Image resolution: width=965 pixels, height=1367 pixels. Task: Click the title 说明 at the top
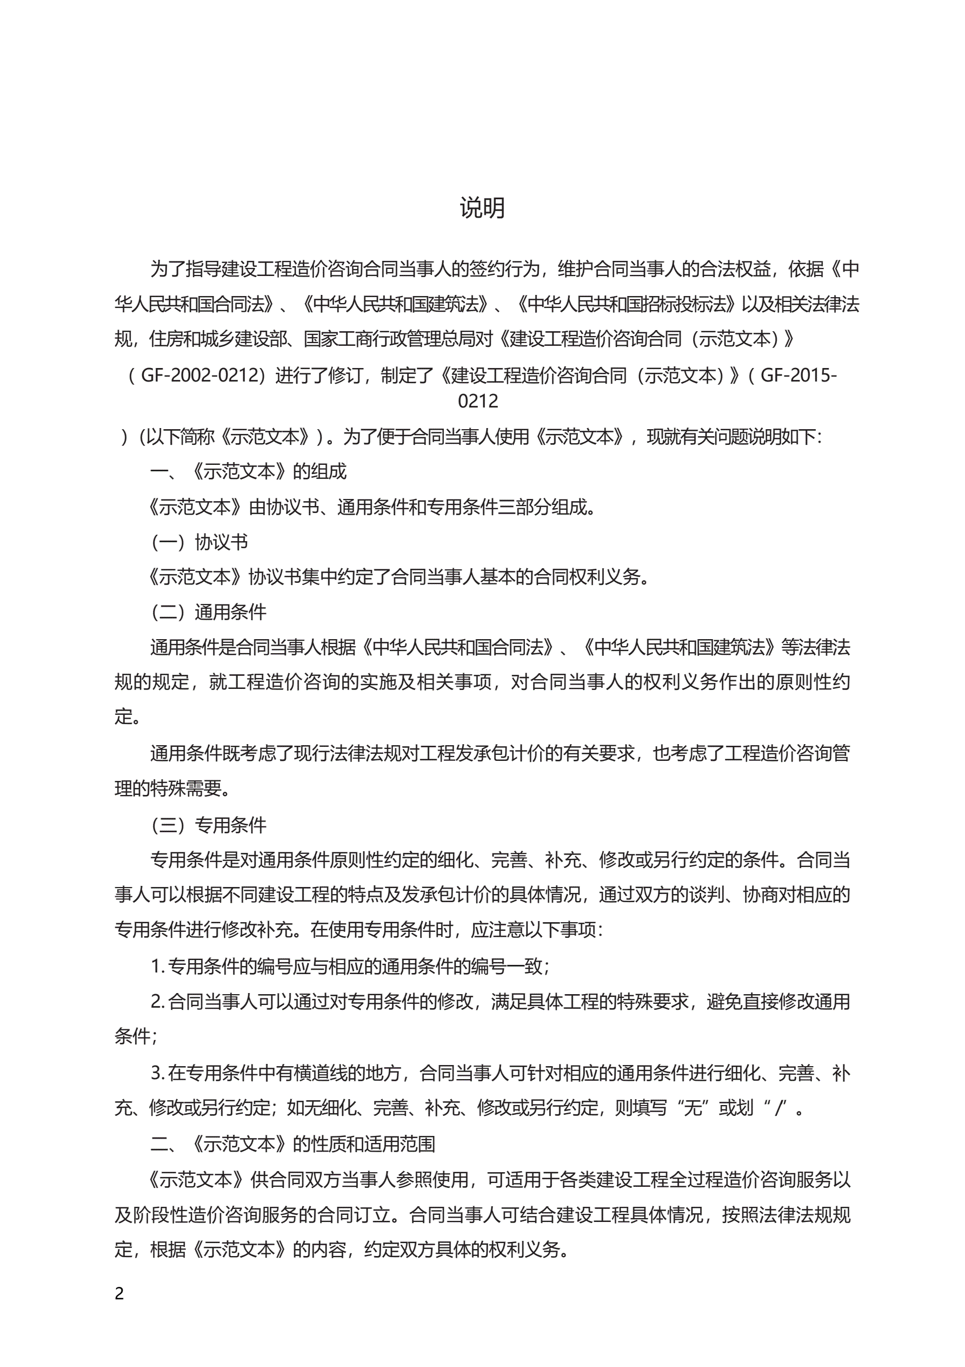(x=482, y=208)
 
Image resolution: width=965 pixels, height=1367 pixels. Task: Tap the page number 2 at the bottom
(x=119, y=1293)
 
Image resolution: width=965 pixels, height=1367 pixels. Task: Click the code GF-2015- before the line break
(x=798, y=375)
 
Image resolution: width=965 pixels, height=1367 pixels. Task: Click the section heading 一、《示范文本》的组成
(x=248, y=471)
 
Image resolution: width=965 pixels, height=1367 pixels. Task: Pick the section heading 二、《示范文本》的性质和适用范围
(x=292, y=1143)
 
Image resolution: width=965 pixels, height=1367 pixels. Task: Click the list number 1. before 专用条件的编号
(x=157, y=967)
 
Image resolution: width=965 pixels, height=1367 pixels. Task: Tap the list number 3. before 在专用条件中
(x=158, y=1073)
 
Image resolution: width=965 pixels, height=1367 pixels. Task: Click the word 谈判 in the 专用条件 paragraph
(x=707, y=895)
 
